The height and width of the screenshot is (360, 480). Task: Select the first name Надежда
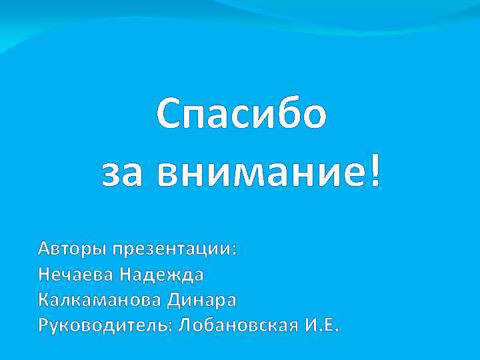tap(162, 275)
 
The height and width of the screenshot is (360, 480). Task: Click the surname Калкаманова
tap(100, 300)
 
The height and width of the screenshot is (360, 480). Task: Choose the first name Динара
tap(202, 300)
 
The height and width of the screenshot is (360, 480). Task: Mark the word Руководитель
tap(105, 326)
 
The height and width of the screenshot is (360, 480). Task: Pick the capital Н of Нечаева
tap(45, 275)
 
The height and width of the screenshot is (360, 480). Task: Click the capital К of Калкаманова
tap(45, 300)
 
